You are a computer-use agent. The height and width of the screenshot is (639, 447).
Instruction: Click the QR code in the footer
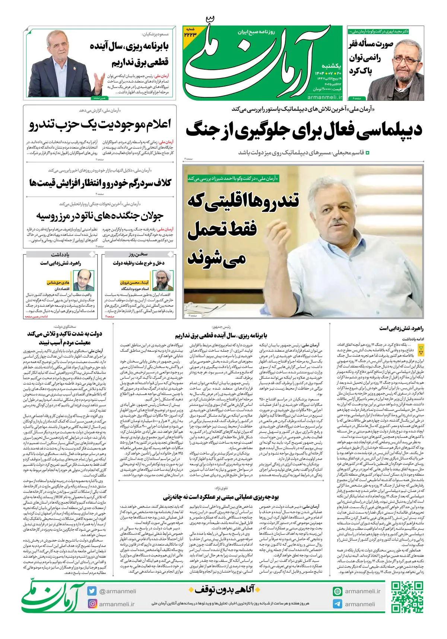[x=407, y=597]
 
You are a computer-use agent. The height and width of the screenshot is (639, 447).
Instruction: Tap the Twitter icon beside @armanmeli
[x=92, y=591]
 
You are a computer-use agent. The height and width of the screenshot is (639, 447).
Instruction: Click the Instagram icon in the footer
[x=92, y=604]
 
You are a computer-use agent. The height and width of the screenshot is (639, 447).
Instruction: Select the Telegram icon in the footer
[x=337, y=604]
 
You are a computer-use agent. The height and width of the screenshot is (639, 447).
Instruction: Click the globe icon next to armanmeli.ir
[x=337, y=591]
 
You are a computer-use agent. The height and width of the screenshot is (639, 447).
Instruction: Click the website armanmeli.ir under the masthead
[x=325, y=97]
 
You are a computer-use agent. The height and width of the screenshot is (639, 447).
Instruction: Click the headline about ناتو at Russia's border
[x=100, y=216]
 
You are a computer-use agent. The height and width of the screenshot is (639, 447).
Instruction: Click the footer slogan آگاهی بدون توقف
[x=222, y=589]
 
